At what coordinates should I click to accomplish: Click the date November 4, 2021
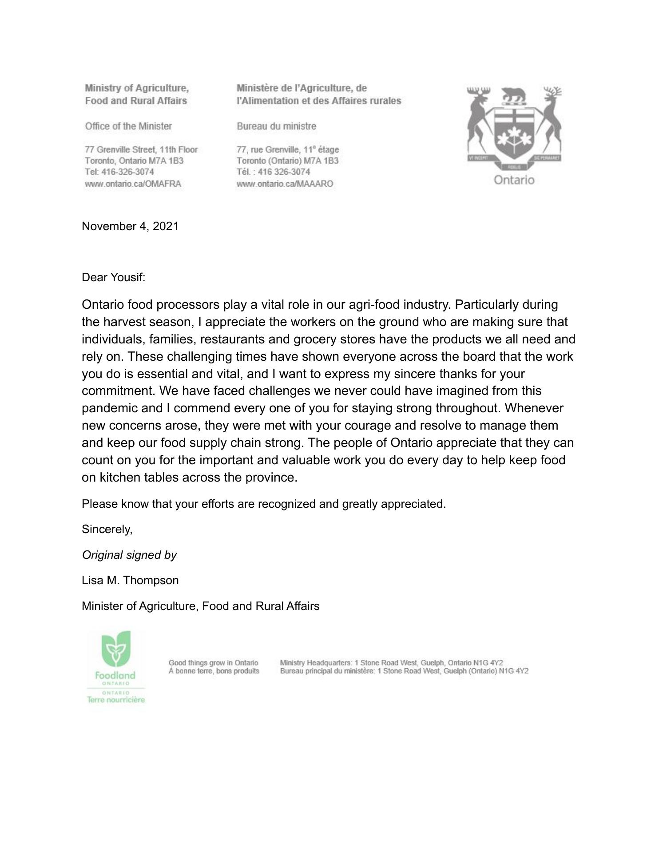point(130,226)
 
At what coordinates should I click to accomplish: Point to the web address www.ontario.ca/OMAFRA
point(133,183)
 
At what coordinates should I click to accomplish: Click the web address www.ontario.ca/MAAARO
point(285,183)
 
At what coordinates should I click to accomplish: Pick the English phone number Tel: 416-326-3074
point(119,172)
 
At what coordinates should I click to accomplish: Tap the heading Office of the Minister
point(128,126)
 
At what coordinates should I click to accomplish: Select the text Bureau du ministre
point(276,126)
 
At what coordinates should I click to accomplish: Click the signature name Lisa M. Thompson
point(130,580)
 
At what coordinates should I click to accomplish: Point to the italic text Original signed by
point(129,555)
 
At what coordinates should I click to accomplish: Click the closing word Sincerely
point(107,529)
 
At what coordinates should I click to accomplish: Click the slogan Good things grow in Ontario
point(213,663)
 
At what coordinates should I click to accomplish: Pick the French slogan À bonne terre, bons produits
point(214,671)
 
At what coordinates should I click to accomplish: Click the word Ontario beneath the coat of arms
point(514,180)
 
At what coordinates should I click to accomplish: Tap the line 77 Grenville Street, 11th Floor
point(141,149)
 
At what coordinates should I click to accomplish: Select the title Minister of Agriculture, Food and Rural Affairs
point(200,606)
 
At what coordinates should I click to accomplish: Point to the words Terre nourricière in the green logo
point(116,700)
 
